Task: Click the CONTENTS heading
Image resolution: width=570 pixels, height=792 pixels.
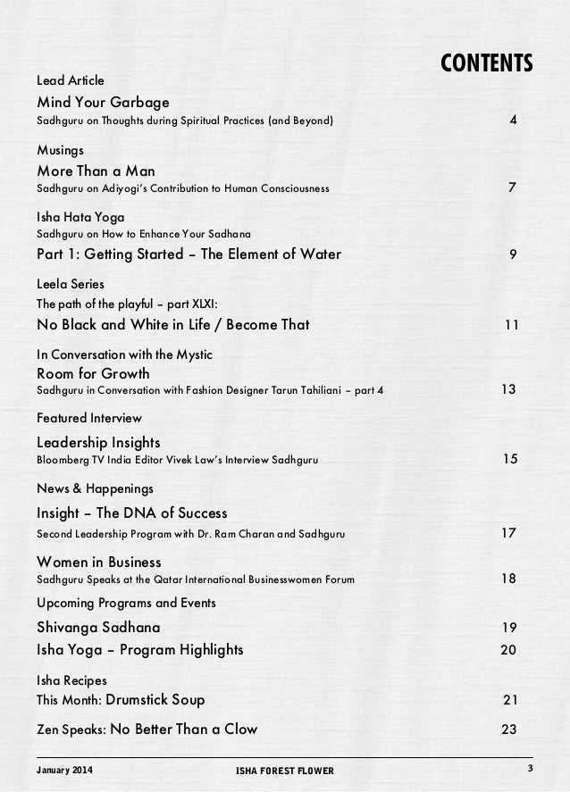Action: pyautogui.click(x=487, y=63)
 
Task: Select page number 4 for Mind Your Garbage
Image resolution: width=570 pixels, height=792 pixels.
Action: pyautogui.click(x=513, y=119)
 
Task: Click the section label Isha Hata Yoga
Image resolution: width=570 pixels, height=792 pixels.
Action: pyautogui.click(x=80, y=216)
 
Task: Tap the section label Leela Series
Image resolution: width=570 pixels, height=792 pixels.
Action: pyautogui.click(x=71, y=283)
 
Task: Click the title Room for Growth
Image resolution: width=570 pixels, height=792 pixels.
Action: pyautogui.click(x=93, y=373)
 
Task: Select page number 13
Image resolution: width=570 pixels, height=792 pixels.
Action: pyautogui.click(x=509, y=390)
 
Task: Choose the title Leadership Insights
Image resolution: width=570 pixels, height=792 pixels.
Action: pyautogui.click(x=98, y=442)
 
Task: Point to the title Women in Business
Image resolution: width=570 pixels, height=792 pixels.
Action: pyautogui.click(x=98, y=562)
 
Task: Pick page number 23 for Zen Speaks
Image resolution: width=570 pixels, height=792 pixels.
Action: pyautogui.click(x=509, y=729)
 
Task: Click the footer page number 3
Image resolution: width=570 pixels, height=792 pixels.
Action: pyautogui.click(x=530, y=769)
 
